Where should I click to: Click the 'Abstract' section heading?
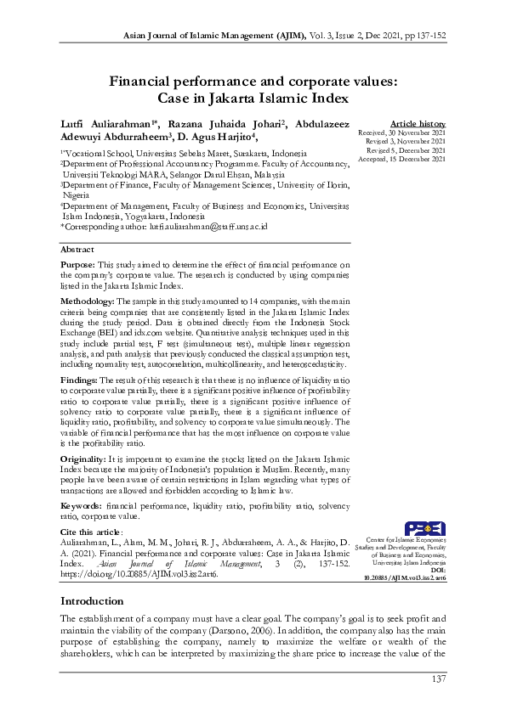click(x=77, y=251)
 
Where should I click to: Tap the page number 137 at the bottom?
click(x=438, y=678)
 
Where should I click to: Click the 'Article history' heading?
click(x=417, y=124)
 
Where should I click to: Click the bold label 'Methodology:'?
click(x=87, y=301)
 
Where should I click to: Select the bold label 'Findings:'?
click(x=79, y=379)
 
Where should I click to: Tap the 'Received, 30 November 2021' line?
click(x=401, y=134)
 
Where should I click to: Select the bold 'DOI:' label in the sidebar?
click(x=437, y=569)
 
